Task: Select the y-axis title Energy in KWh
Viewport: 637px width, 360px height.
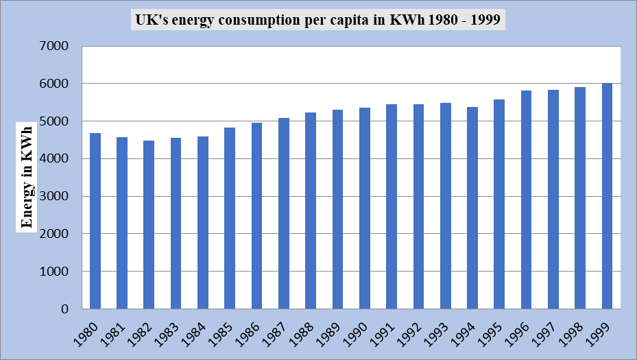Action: click(27, 176)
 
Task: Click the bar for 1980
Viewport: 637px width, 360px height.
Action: click(95, 221)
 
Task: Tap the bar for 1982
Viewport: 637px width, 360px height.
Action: click(149, 225)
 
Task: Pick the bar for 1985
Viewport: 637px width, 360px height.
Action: click(230, 218)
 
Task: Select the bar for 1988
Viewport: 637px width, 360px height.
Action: click(311, 211)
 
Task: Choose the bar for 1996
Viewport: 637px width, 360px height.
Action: click(527, 200)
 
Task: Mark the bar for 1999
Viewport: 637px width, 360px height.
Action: click(608, 196)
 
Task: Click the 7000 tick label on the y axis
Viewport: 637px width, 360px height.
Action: click(56, 47)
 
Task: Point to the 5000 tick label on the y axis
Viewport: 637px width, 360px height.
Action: click(56, 121)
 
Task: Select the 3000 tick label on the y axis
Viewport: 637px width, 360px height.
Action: click(56, 197)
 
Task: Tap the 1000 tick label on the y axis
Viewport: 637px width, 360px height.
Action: click(56, 272)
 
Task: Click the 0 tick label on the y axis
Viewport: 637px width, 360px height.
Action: click(65, 309)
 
